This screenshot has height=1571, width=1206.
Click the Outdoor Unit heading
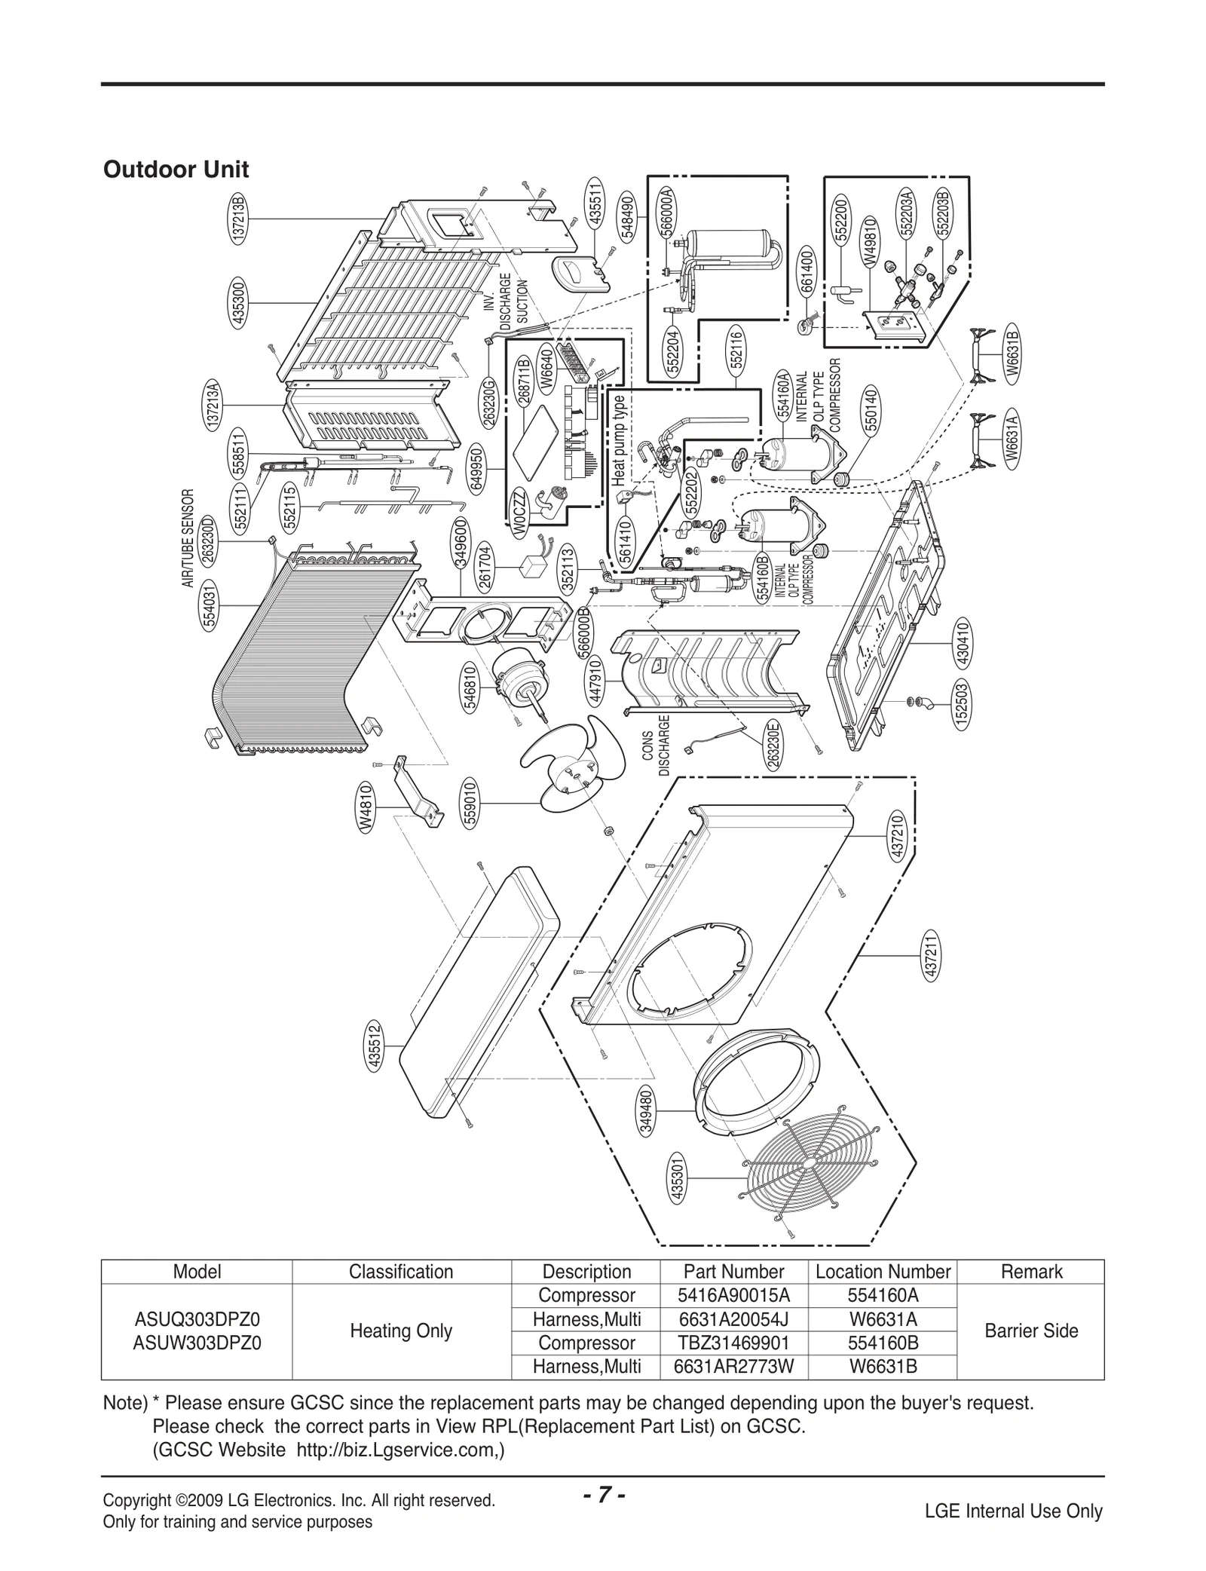pyautogui.click(x=176, y=170)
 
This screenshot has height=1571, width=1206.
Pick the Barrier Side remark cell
pyautogui.click(x=1030, y=1331)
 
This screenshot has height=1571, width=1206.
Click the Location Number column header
pyautogui.click(x=883, y=1272)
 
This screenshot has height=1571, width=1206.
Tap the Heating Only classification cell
pyautogui.click(x=400, y=1331)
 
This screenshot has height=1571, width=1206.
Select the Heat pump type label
pyautogui.click(x=618, y=440)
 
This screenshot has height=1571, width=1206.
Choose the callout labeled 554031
pyautogui.click(x=210, y=605)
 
